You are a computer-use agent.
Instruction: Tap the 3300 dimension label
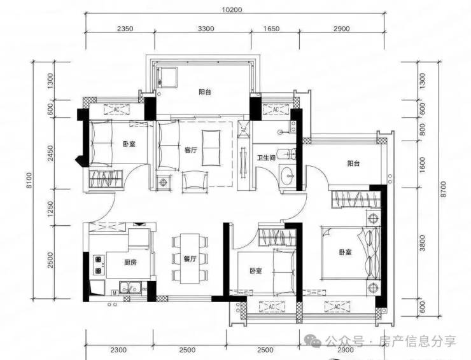pos(206,29)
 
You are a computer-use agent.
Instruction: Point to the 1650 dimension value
pos(271,29)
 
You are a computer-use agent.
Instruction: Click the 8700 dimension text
pos(444,189)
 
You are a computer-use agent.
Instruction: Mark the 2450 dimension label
pos(50,153)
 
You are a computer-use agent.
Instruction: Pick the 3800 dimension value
pos(423,242)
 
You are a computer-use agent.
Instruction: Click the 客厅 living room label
pos(191,150)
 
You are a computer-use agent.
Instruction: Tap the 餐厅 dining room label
pos(190,259)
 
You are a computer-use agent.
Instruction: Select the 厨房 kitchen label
pos(130,262)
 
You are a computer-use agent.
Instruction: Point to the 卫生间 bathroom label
pos(266,157)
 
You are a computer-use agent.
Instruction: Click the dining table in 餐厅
pos(190,258)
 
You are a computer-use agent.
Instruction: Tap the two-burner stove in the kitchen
pos(98,265)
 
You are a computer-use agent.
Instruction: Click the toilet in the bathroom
pos(288,155)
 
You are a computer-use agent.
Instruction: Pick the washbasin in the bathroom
pos(288,176)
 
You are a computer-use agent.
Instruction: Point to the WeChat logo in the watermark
pos(313,342)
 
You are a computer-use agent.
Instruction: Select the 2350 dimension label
pos(125,29)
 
